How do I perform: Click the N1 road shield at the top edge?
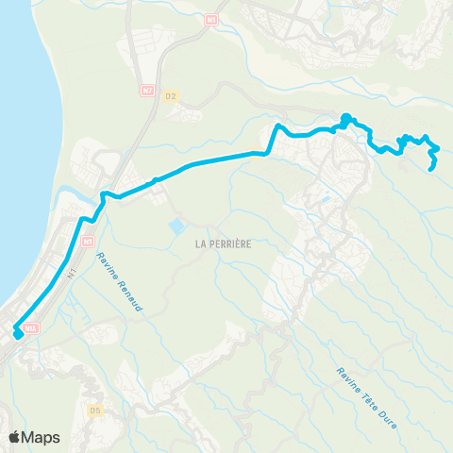pyautogui.click(x=211, y=18)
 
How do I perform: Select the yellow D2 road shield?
pyautogui.click(x=171, y=95)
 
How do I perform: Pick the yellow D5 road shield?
pyautogui.click(x=94, y=410)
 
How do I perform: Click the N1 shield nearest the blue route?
pyautogui.click(x=88, y=242)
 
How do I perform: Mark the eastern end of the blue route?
pyautogui.click(x=432, y=169)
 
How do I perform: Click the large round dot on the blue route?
pyautogui.click(x=345, y=119)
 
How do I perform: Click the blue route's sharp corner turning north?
pyautogui.click(x=272, y=151)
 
